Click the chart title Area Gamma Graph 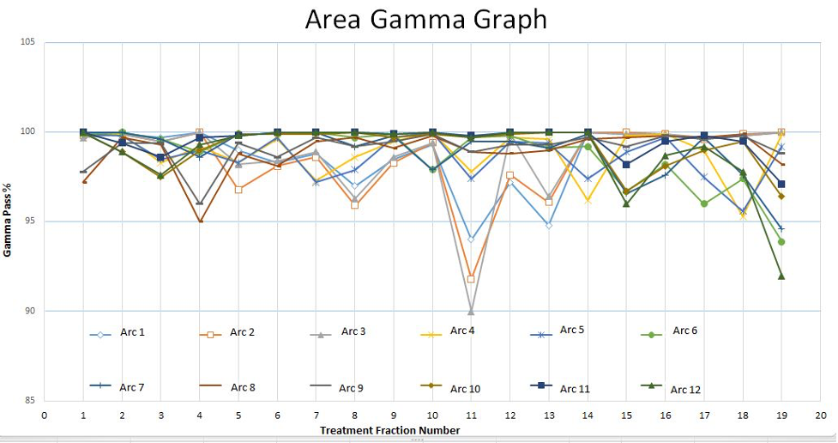pyautogui.click(x=425, y=20)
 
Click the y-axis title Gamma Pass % pyautogui.click(x=8, y=221)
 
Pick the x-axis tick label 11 pyautogui.click(x=471, y=414)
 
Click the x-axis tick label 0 pyautogui.click(x=45, y=414)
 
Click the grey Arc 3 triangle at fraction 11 pyautogui.click(x=471, y=312)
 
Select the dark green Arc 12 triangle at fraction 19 pyautogui.click(x=781, y=276)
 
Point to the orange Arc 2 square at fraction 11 pyautogui.click(x=471, y=279)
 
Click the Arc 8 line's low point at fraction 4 pyautogui.click(x=200, y=221)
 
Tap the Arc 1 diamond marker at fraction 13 pyautogui.click(x=548, y=225)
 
